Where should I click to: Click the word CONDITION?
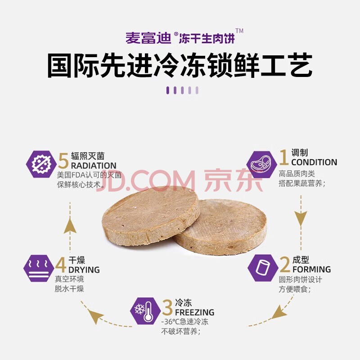click(x=314, y=162)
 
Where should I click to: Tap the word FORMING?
click(x=311, y=269)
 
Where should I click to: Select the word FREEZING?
click(x=195, y=312)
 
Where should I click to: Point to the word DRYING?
click(x=84, y=270)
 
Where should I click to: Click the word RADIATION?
click(x=94, y=166)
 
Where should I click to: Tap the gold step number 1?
click(x=284, y=157)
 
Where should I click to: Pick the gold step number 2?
click(x=285, y=265)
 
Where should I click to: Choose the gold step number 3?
click(x=167, y=307)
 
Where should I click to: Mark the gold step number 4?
click(x=61, y=265)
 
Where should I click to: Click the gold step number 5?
click(x=63, y=161)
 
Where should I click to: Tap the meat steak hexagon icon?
click(x=262, y=164)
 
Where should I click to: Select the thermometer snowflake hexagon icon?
click(x=145, y=311)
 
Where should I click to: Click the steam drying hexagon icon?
click(x=39, y=268)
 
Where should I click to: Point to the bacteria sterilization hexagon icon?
click(x=41, y=164)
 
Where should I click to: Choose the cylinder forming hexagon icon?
click(x=263, y=268)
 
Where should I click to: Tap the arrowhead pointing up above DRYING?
click(x=70, y=226)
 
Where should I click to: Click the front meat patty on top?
click(x=151, y=216)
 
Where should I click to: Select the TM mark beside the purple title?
click(x=239, y=31)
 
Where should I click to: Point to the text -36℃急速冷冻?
click(x=185, y=322)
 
